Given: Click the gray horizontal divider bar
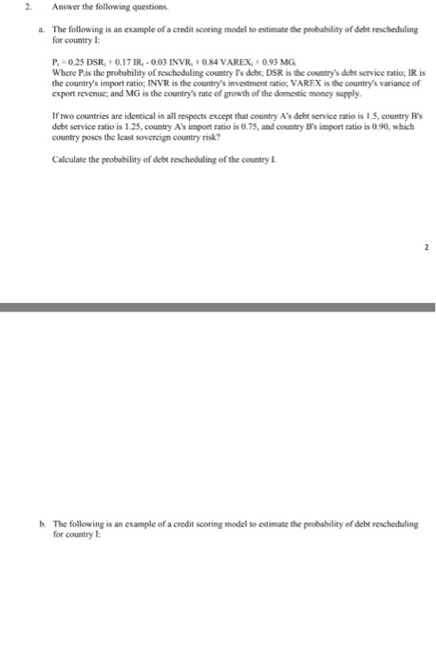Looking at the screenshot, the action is tap(218, 307).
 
